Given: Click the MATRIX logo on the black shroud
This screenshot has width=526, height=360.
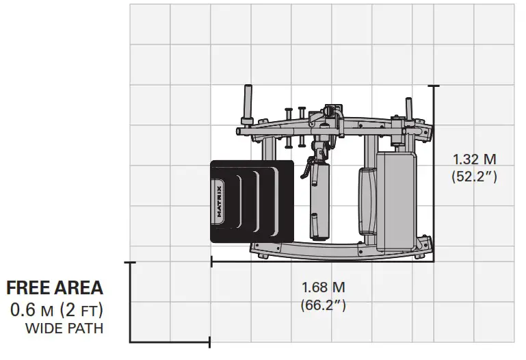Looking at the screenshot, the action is click(x=219, y=201).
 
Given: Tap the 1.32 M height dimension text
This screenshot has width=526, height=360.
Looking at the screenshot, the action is click(x=474, y=159).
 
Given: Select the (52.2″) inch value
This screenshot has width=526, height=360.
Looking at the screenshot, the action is click(x=474, y=177).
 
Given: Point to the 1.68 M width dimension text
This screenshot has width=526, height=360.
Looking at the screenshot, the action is click(x=324, y=287).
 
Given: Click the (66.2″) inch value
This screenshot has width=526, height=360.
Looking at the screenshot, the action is click(x=324, y=305).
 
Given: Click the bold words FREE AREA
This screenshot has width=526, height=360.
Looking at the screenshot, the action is click(x=55, y=288).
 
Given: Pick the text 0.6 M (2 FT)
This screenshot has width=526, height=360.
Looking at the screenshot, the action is click(x=56, y=309).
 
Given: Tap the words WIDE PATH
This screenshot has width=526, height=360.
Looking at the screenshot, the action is click(x=64, y=329).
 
